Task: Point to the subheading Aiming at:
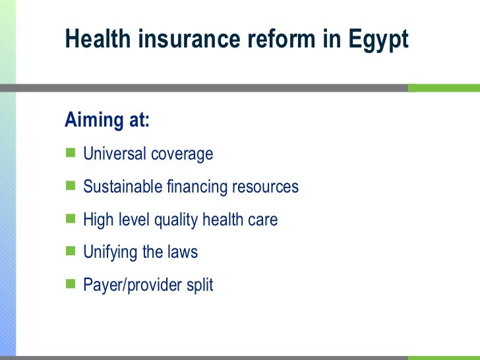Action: click(x=107, y=121)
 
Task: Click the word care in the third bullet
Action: click(x=263, y=220)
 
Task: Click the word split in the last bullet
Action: click(x=200, y=285)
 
